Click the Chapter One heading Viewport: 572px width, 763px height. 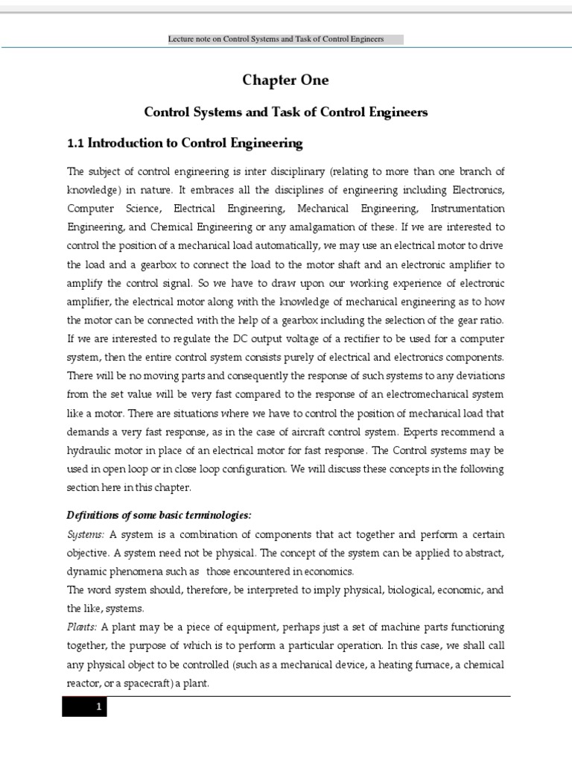285,80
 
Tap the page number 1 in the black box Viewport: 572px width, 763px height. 98,706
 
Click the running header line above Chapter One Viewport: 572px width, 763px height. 285,39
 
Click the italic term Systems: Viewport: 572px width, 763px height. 86,534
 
